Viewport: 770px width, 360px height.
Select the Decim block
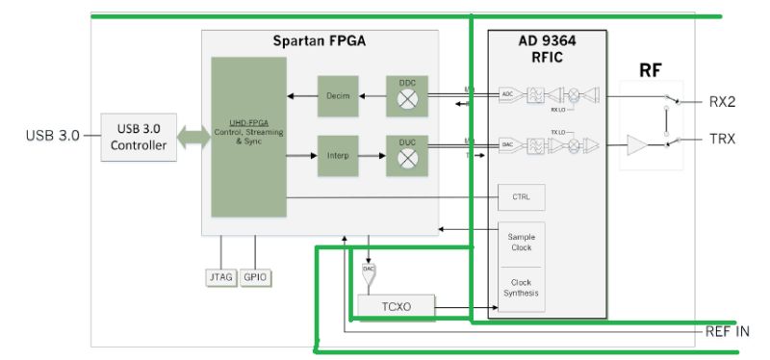[337, 95]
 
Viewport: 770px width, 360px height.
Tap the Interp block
[337, 156]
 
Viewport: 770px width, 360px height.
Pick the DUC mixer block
[406, 156]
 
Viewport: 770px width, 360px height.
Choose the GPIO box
[255, 277]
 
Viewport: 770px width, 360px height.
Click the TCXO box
[396, 307]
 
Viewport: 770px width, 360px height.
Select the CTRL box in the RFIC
[521, 198]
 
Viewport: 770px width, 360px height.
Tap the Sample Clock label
[521, 243]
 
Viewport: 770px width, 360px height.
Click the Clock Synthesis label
[521, 287]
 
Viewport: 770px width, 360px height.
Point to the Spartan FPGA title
[320, 41]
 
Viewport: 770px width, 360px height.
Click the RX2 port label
[723, 101]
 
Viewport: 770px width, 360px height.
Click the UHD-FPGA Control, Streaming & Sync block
[248, 137]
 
